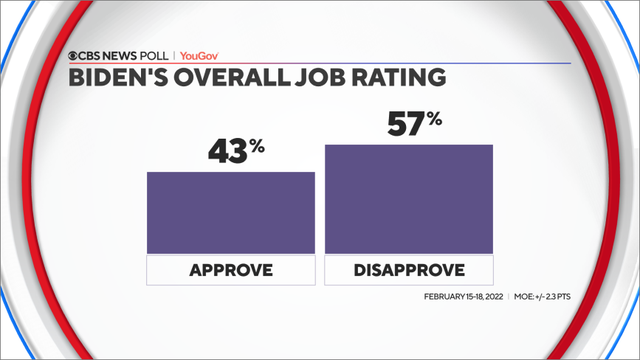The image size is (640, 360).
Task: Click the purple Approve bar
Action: pyautogui.click(x=231, y=212)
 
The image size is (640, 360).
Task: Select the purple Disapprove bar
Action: pyautogui.click(x=408, y=198)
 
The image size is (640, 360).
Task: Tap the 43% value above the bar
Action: pyautogui.click(x=236, y=151)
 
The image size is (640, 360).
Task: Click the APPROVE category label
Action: pyautogui.click(x=231, y=270)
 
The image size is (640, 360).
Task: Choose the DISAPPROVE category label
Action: pyautogui.click(x=408, y=270)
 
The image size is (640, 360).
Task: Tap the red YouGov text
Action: pyautogui.click(x=202, y=56)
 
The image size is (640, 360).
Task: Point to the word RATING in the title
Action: pyautogui.click(x=394, y=78)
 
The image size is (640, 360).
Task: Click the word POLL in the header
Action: pyautogui.click(x=155, y=56)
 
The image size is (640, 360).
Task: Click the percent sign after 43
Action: pyautogui.click(x=258, y=145)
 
